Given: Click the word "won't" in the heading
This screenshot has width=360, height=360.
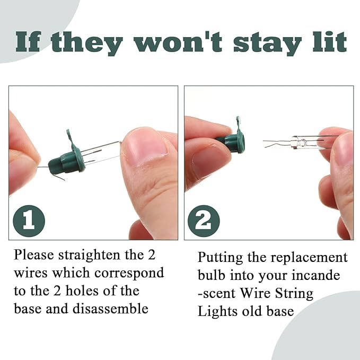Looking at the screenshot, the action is click(x=178, y=41).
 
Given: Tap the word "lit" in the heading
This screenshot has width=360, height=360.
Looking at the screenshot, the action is click(x=330, y=41).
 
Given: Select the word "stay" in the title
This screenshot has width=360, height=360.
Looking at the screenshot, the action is click(x=267, y=43).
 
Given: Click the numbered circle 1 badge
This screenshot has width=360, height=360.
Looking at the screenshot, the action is click(x=29, y=221).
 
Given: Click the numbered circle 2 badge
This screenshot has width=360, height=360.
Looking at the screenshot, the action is click(x=204, y=221).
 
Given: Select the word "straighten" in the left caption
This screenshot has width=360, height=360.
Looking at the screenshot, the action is click(x=89, y=256).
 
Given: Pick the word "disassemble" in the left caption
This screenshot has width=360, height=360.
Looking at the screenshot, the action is click(x=110, y=309).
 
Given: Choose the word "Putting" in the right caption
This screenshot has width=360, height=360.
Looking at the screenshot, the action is click(x=220, y=258).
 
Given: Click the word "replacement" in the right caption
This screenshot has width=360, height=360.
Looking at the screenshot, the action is click(x=309, y=258).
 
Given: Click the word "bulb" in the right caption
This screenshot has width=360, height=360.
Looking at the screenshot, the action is click(x=211, y=275).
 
